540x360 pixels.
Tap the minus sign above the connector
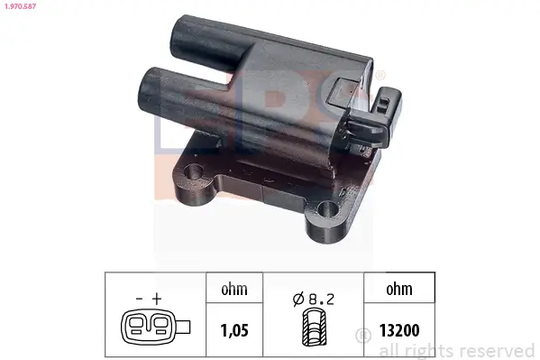click(x=140, y=296)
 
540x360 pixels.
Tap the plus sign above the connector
click(x=159, y=296)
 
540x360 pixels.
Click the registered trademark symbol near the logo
click(x=381, y=74)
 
